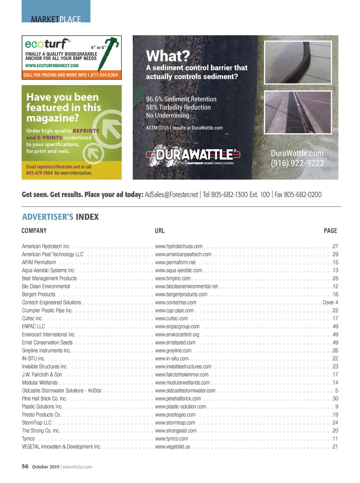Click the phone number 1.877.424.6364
(x=103, y=75)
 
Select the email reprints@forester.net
(x=58, y=167)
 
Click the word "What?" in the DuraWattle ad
(x=168, y=56)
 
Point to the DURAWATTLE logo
(x=193, y=155)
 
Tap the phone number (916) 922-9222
(x=297, y=163)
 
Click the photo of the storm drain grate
(x=298, y=112)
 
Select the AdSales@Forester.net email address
(x=171, y=195)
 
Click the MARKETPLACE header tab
(x=56, y=19)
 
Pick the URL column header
(x=160, y=231)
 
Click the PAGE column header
(x=330, y=231)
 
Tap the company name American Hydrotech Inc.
(x=46, y=246)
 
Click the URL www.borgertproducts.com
(x=181, y=294)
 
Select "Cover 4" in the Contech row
(x=330, y=302)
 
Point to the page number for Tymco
(x=335, y=439)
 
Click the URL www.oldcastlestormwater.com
(x=185, y=391)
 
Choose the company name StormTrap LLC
(x=37, y=423)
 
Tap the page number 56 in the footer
(x=25, y=466)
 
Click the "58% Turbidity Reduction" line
(x=178, y=107)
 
